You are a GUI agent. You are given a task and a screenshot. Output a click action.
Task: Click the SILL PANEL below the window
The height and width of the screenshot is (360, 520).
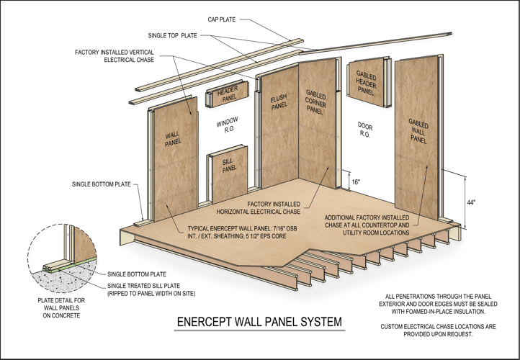pyautogui.click(x=229, y=164)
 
